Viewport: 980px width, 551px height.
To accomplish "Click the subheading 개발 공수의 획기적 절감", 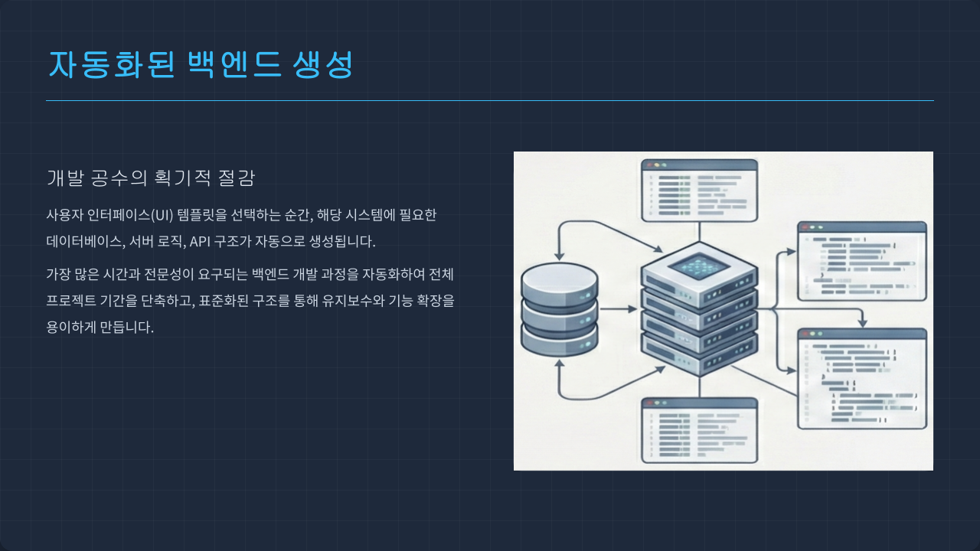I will pos(151,178).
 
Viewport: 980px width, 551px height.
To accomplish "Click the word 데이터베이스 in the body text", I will pos(84,242).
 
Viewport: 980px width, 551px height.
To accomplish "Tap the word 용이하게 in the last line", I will pos(71,328).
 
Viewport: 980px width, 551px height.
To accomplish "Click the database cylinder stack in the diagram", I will pos(559,309).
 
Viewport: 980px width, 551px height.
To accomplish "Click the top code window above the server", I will pos(699,190).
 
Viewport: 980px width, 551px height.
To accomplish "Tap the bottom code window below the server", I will pos(699,430).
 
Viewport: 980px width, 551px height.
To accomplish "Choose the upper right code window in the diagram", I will pos(862,261).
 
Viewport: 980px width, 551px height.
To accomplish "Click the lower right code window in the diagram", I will pos(862,378).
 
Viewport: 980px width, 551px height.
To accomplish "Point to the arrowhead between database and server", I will pos(632,309).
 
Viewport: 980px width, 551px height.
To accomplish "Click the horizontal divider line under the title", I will pos(490,100).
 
